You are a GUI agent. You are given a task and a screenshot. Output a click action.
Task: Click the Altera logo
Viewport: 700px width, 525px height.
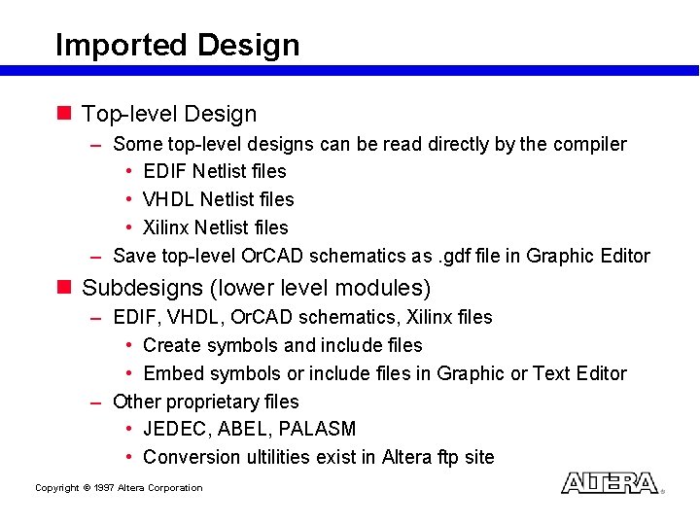[610, 483]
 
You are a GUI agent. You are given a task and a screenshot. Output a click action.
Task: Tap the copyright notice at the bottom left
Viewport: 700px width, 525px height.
[119, 488]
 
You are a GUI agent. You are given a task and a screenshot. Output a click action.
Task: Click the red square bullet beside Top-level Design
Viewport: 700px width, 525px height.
[65, 114]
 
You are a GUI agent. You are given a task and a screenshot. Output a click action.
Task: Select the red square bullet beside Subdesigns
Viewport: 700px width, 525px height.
[65, 288]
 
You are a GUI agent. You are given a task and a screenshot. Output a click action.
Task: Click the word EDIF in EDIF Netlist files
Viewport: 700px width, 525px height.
[165, 171]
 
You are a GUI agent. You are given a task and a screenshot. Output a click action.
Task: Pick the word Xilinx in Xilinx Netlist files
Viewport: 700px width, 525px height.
[166, 227]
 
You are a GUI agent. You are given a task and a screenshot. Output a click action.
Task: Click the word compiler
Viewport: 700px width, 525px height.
[590, 144]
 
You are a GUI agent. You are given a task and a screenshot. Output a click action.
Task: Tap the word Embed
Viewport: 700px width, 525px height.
[169, 373]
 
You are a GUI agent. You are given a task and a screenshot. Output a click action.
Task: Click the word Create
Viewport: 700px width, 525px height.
[171, 345]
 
